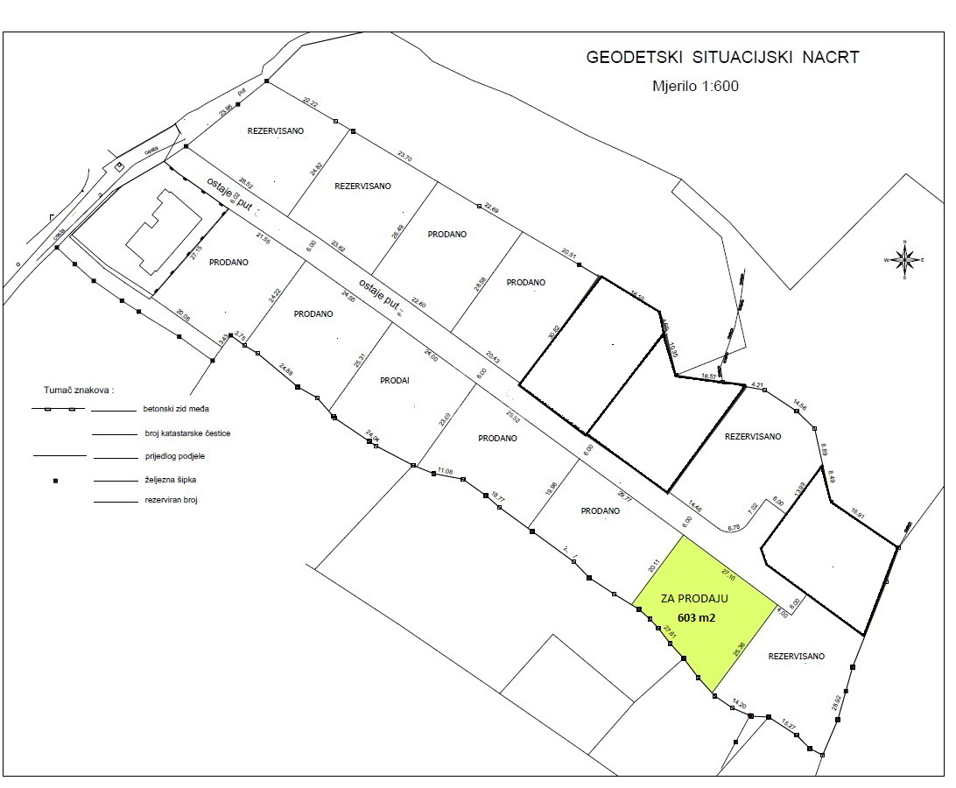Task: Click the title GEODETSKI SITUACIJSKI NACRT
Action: click(x=722, y=58)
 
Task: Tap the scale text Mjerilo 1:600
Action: click(x=697, y=86)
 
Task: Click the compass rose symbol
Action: click(x=905, y=259)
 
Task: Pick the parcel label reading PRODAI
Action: click(x=396, y=381)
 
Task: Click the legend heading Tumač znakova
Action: click(x=79, y=389)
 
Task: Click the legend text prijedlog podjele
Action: click(x=174, y=456)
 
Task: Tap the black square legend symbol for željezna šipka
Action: click(x=55, y=480)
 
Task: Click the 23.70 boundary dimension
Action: click(x=404, y=156)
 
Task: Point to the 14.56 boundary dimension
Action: click(x=799, y=404)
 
